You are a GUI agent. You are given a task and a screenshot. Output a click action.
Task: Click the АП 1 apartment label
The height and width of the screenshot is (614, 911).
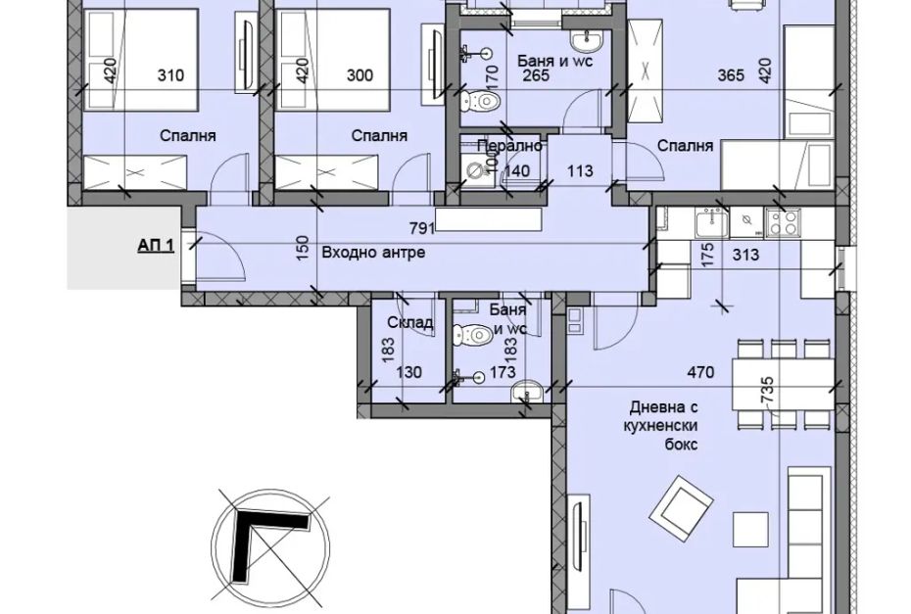click(x=156, y=245)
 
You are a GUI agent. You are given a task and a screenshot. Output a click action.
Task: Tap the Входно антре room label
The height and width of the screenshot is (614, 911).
click(x=373, y=253)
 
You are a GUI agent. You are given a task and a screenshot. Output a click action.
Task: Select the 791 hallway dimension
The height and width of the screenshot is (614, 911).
click(x=422, y=228)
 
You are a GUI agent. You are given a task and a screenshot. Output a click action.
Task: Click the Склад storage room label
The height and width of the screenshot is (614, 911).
click(x=410, y=322)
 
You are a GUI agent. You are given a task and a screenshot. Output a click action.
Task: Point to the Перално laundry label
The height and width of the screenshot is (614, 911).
click(x=510, y=146)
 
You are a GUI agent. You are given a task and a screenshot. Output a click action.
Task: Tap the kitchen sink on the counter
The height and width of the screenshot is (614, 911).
click(x=712, y=223)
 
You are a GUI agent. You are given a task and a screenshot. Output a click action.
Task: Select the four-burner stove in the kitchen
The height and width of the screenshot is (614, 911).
click(x=784, y=223)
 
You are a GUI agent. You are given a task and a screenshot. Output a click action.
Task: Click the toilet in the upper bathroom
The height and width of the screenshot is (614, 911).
click(x=480, y=103)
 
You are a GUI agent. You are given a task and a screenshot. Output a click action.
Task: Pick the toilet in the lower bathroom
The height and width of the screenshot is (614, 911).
click(x=472, y=334)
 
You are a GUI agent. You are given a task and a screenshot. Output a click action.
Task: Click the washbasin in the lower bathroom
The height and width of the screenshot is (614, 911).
click(x=528, y=392)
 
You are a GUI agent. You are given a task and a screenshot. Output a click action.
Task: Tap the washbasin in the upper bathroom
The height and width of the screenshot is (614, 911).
click(x=587, y=41)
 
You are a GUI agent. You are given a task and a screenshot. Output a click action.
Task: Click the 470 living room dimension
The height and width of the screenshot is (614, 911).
click(x=700, y=372)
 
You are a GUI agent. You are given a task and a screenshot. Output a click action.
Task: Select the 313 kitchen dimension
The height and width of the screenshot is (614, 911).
click(x=746, y=255)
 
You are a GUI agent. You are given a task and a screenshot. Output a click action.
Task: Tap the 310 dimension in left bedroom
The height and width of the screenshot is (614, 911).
click(x=171, y=75)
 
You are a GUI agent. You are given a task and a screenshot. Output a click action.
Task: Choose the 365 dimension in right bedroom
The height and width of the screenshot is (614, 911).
click(x=731, y=75)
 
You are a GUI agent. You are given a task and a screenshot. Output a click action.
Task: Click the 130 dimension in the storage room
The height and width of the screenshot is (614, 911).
click(x=408, y=372)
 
